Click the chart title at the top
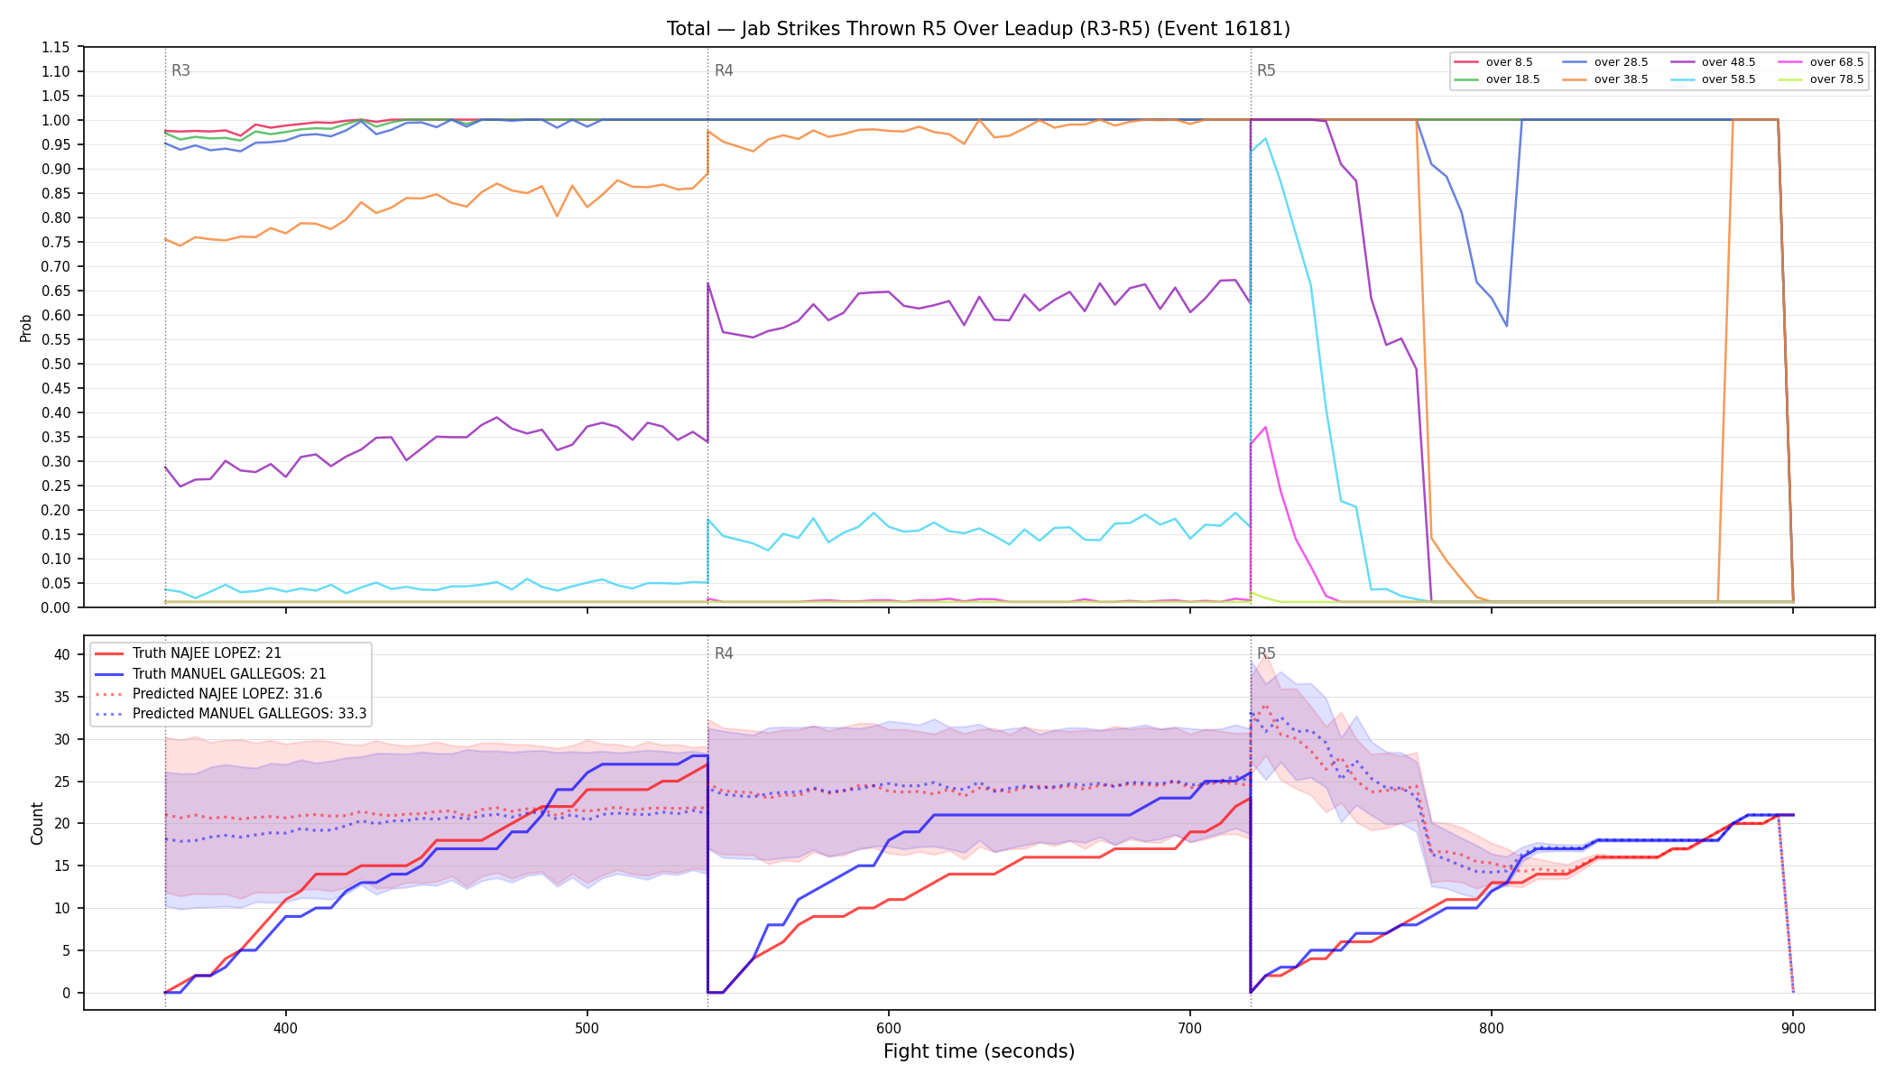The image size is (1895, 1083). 978,29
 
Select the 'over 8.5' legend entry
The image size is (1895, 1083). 1493,62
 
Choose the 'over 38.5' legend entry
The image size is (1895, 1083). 1605,79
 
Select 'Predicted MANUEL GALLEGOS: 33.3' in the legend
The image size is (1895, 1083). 231,714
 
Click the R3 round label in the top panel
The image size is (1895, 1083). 180,70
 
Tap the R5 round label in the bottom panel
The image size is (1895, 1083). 1266,653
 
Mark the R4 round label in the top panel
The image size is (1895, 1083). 724,70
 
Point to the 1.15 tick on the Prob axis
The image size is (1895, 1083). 56,47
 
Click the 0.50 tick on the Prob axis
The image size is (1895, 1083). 56,364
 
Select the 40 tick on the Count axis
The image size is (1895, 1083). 61,654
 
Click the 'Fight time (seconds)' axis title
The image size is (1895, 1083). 979,1051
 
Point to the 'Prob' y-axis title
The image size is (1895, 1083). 26,328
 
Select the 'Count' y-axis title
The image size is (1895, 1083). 37,823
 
